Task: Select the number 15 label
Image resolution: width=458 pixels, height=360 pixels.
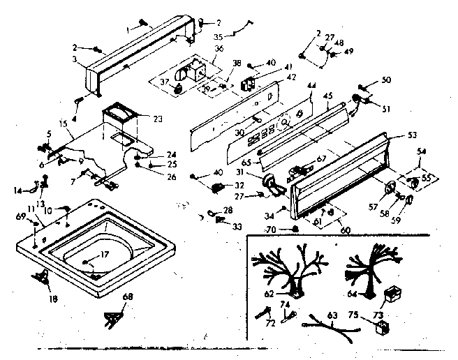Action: tap(64, 123)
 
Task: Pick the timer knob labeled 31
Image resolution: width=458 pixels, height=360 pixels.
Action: tap(269, 185)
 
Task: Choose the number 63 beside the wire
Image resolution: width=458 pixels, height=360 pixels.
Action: tap(332, 317)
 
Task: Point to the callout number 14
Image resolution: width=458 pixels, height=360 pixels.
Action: tap(18, 190)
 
